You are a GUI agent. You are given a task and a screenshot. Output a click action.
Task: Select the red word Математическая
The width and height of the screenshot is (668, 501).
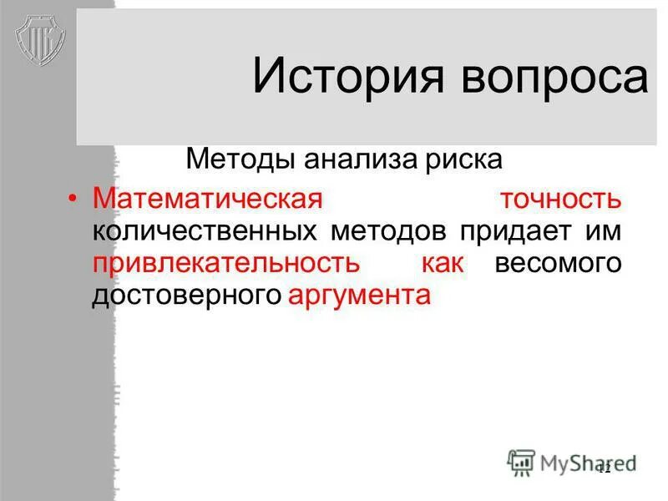point(208,199)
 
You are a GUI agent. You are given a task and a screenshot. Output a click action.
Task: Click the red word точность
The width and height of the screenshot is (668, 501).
point(560,199)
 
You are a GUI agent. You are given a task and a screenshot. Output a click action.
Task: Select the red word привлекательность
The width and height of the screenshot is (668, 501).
point(226,264)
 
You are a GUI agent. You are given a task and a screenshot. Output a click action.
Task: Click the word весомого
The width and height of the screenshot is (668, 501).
point(559,264)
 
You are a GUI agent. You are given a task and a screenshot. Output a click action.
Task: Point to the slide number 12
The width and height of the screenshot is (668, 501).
point(604,468)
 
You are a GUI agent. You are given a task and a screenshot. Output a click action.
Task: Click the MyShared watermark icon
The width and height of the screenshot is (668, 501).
point(522,462)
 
